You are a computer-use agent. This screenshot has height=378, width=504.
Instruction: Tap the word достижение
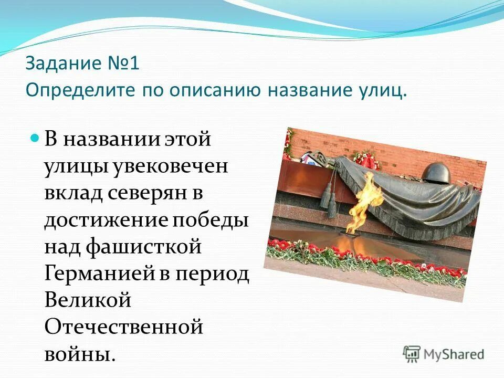coord(103,220)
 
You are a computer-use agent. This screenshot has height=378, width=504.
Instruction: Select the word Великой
coord(88,300)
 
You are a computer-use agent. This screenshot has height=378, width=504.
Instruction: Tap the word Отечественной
coord(123,327)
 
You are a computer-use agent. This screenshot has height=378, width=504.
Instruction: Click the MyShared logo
coord(444,353)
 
